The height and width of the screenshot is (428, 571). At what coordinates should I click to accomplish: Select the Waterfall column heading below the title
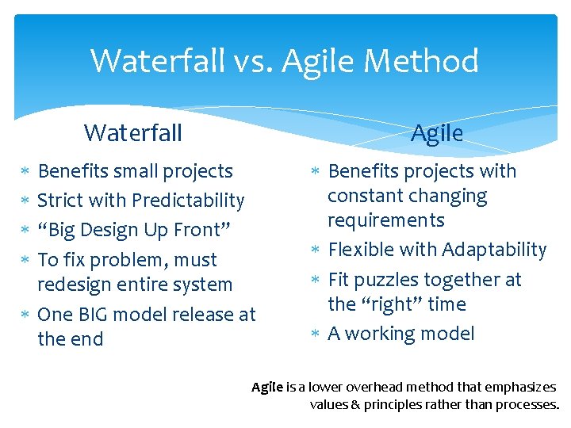(133, 132)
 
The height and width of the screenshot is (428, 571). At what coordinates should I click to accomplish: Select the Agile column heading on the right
(436, 132)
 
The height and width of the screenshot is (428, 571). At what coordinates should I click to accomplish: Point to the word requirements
(386, 220)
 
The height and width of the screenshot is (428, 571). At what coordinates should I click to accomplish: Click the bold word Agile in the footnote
(267, 388)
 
